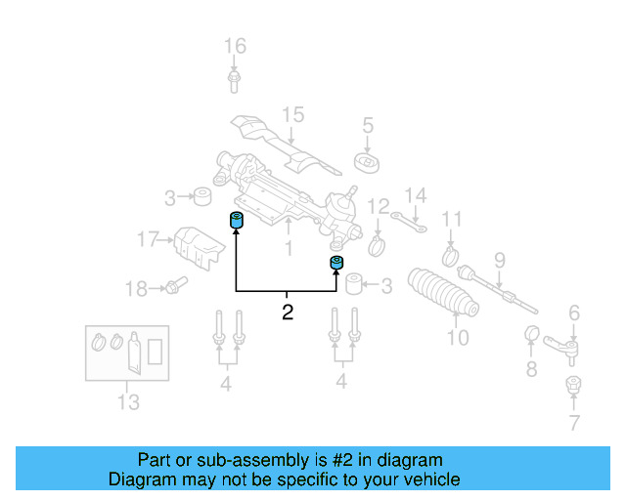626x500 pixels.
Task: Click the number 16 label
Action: pos(235,46)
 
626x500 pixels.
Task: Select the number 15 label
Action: pos(293,115)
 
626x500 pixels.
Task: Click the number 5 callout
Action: pos(368,125)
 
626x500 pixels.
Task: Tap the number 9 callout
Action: pos(499,260)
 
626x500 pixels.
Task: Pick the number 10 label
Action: pos(458,339)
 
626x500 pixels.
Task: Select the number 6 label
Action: pos(574,313)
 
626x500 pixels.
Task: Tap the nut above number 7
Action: pos(574,385)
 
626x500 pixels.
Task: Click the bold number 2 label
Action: pos(287,313)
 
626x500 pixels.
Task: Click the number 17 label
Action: pos(147,239)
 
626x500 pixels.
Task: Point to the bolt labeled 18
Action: pos(174,286)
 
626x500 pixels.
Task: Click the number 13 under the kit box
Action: pos(128,401)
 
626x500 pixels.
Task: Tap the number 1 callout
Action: pos(288,250)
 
